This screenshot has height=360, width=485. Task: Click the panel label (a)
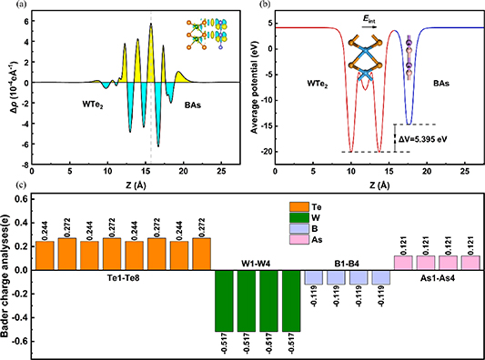(10, 6)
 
